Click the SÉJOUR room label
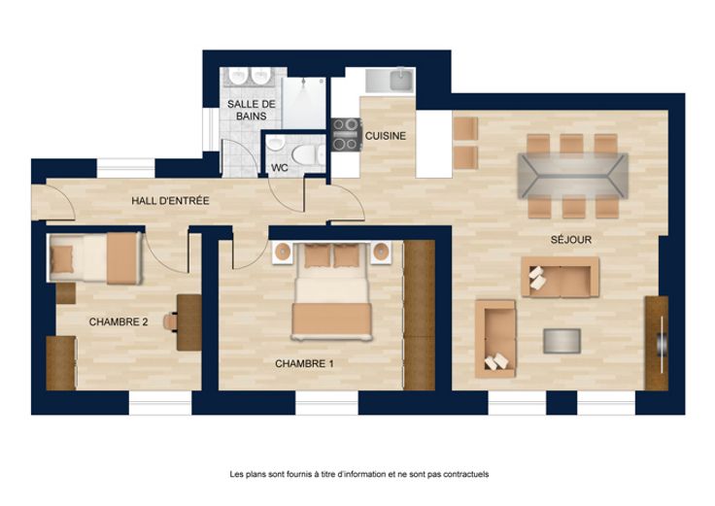570,240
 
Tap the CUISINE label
386,136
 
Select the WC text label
280,168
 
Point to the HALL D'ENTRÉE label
170,201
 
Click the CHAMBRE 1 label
304,364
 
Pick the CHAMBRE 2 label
119,321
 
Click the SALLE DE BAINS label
252,110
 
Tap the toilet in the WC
308,155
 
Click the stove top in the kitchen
346,134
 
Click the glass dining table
573,176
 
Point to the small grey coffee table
562,341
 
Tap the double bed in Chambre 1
331,290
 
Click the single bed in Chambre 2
94,258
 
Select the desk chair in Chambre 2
171,321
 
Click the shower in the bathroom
303,103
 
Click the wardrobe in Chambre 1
419,315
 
